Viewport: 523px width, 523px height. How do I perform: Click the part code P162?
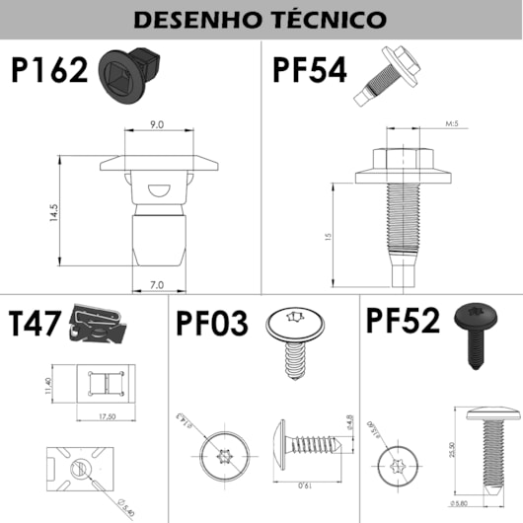click(50, 71)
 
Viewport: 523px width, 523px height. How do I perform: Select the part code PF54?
click(308, 71)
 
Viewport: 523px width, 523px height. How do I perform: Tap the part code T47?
click(36, 325)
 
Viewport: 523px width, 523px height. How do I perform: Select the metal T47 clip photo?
click(101, 325)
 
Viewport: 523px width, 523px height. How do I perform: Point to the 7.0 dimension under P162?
click(157, 284)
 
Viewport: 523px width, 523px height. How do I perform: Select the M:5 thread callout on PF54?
click(454, 124)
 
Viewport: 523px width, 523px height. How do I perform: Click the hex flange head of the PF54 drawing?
click(408, 160)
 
